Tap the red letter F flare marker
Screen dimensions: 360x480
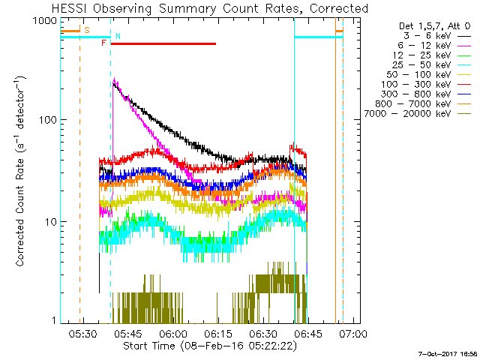point(103,43)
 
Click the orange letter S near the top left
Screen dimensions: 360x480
point(86,30)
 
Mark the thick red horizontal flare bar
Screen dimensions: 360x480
point(163,43)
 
